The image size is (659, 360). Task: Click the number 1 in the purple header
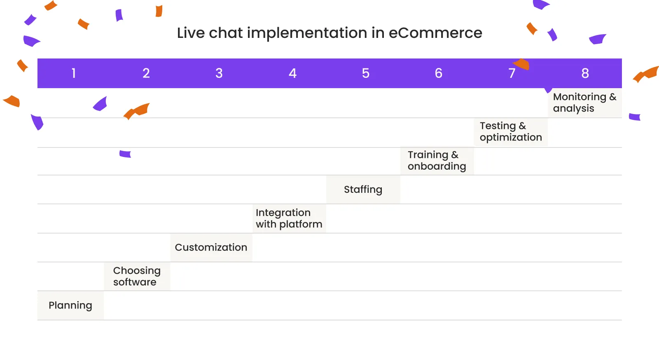(x=74, y=73)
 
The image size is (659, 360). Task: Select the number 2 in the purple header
(x=146, y=73)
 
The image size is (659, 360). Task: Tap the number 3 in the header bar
(x=219, y=73)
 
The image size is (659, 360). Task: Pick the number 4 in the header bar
(x=292, y=73)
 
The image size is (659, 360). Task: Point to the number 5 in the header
(x=366, y=73)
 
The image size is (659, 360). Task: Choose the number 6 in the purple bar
(x=439, y=73)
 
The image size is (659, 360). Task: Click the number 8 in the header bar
(x=585, y=73)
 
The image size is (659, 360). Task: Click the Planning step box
(x=70, y=306)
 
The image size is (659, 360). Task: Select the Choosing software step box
(x=137, y=276)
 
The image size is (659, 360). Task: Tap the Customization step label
(x=211, y=248)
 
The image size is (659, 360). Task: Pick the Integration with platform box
(x=289, y=219)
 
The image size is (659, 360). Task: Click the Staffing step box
(x=363, y=189)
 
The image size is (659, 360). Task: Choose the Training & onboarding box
(x=437, y=161)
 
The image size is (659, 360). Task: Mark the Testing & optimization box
(x=510, y=132)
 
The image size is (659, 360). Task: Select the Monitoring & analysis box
(x=584, y=103)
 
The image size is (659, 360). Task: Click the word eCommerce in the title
(x=435, y=33)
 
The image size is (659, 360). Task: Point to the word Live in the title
(x=191, y=33)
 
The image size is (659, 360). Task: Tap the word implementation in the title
(x=307, y=33)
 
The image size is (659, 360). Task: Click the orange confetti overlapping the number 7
(x=522, y=64)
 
